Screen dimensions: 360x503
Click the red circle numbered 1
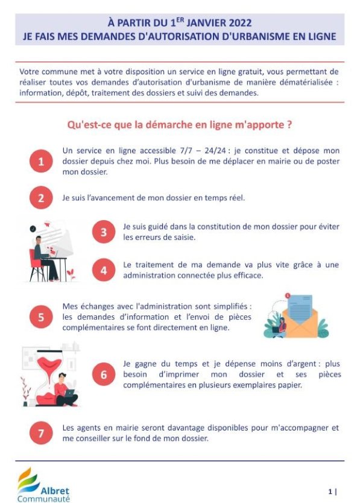[x=41, y=161]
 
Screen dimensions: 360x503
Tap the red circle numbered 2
[x=41, y=198]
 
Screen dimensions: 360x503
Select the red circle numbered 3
[x=104, y=232]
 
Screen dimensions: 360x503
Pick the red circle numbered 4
[x=104, y=270]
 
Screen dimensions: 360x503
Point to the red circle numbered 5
[x=41, y=317]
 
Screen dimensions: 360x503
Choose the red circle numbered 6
[x=104, y=375]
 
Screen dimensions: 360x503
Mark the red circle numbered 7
[x=41, y=433]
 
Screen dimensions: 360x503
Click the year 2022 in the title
[x=240, y=23]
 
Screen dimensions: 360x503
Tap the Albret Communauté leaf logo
[x=28, y=480]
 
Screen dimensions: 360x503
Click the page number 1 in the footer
[x=330, y=492]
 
